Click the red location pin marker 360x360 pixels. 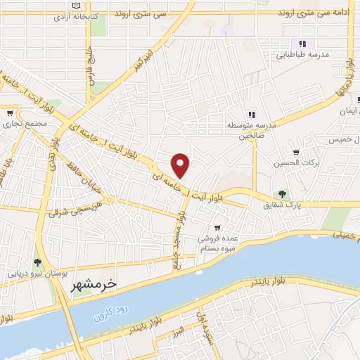pos(181,165)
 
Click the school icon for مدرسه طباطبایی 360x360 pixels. pos(302,44)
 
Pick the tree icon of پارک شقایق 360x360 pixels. pos(282,194)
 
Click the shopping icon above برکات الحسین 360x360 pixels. pos(296,153)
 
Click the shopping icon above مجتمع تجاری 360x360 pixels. pos(9,113)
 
